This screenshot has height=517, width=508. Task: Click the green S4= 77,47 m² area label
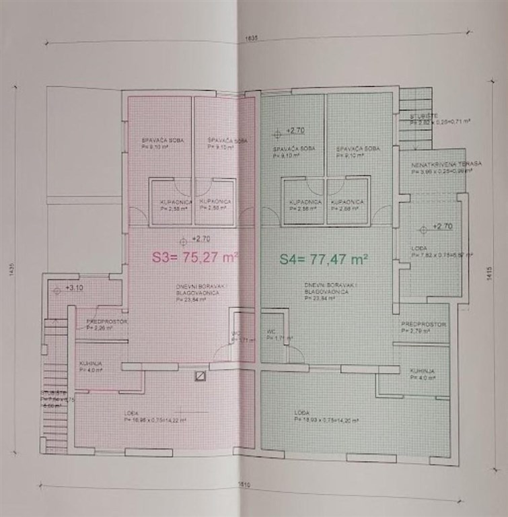point(324,257)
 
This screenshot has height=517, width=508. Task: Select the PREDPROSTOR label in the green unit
point(424,324)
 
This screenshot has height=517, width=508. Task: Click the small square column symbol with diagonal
point(198,376)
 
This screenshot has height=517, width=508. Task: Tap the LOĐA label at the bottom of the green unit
point(301,411)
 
